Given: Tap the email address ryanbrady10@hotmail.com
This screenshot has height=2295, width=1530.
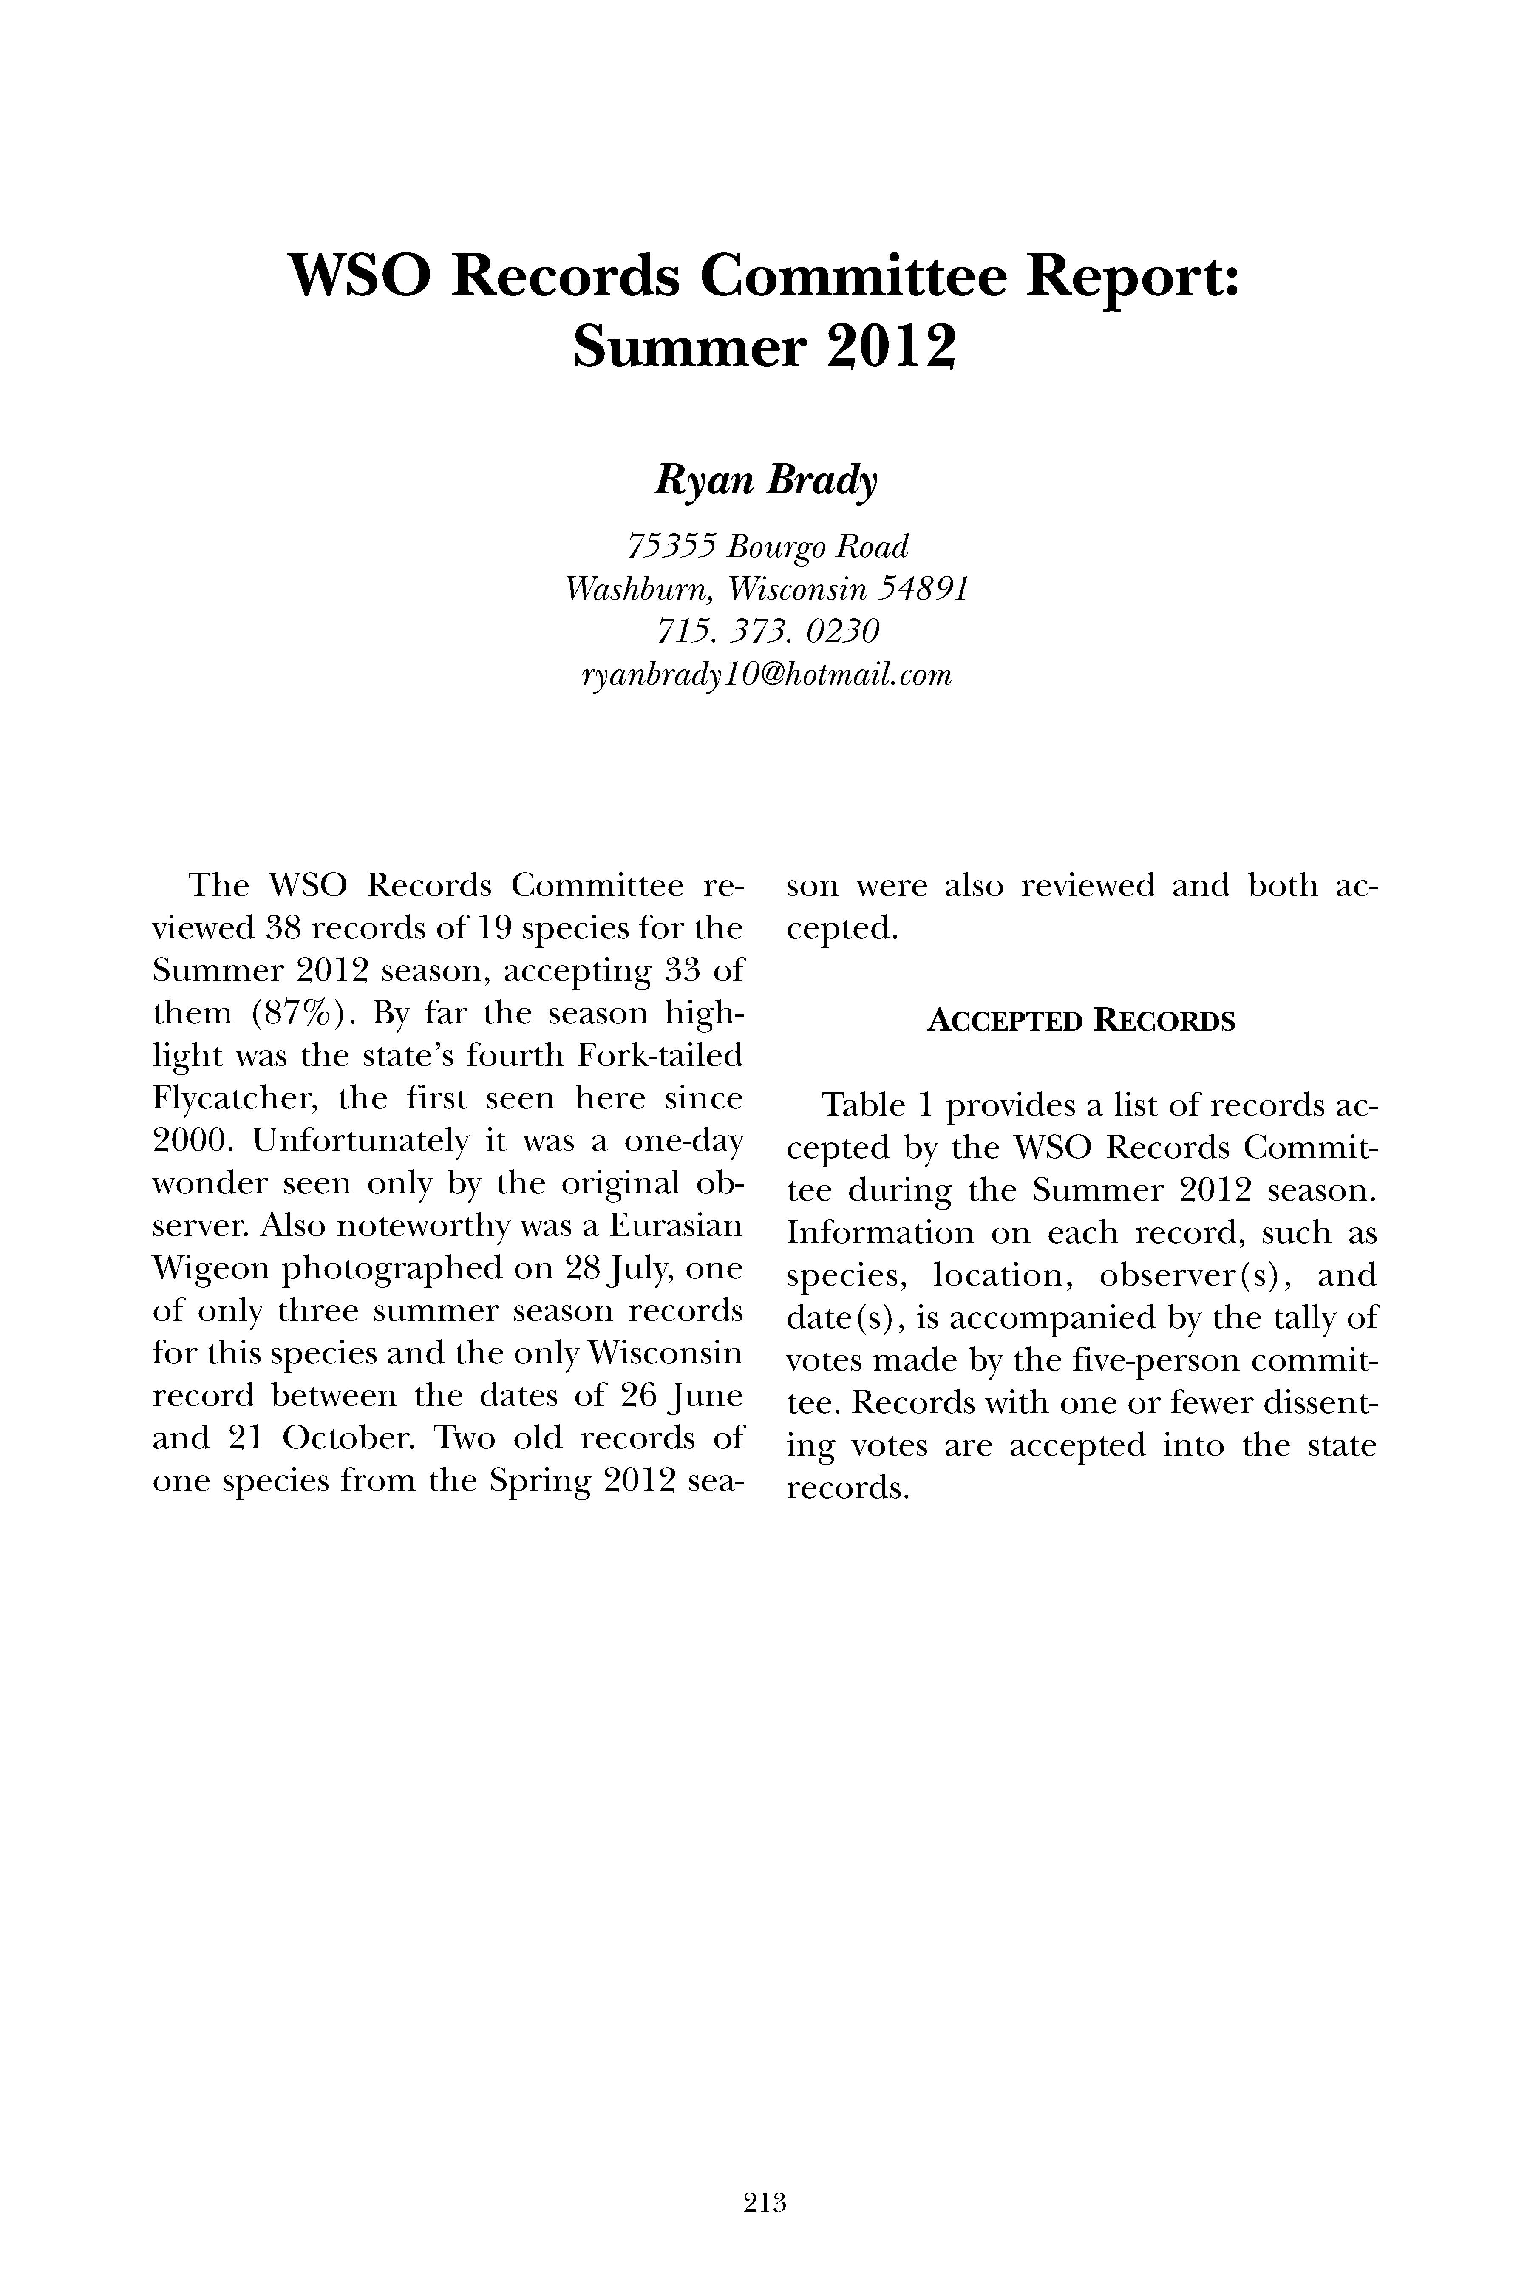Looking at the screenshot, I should pyautogui.click(x=765, y=675).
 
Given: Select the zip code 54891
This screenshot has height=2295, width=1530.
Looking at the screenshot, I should pyautogui.click(x=923, y=589).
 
